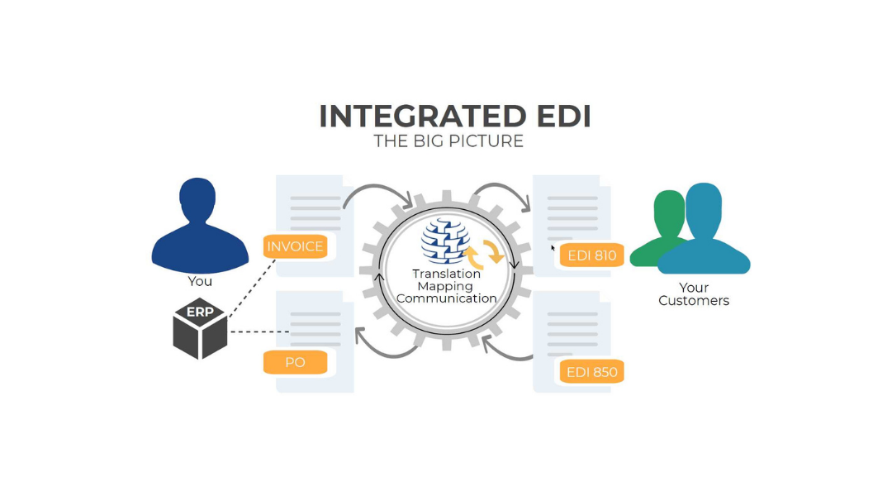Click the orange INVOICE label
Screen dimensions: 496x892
tap(295, 246)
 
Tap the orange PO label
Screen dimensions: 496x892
tap(295, 362)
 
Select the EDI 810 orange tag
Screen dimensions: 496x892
tap(592, 255)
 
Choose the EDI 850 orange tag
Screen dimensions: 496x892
tap(592, 372)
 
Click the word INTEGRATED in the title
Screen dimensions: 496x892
tap(422, 117)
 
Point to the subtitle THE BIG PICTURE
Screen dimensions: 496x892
tap(448, 141)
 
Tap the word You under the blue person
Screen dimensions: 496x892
tap(200, 281)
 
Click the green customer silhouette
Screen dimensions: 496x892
tap(665, 227)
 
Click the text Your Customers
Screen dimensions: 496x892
tap(694, 294)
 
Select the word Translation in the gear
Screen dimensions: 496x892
tap(447, 274)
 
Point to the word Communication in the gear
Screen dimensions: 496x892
tap(447, 298)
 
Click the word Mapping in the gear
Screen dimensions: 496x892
tap(446, 286)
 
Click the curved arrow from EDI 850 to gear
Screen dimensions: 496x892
tap(505, 350)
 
